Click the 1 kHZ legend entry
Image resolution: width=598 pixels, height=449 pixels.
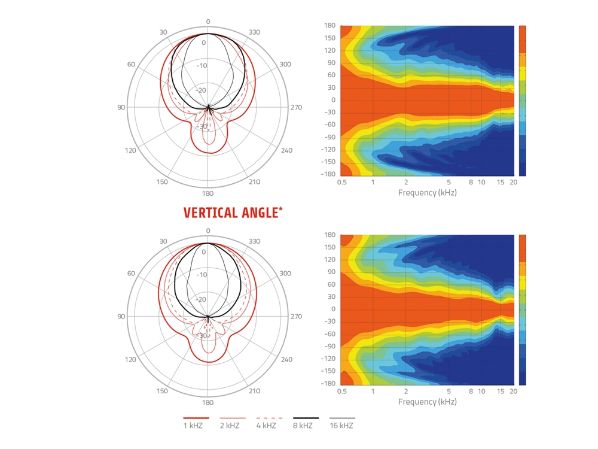pyautogui.click(x=196, y=426)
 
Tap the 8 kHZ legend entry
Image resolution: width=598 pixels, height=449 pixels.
pyautogui.click(x=306, y=426)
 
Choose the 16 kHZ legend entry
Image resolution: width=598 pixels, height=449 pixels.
pyautogui.click(x=342, y=426)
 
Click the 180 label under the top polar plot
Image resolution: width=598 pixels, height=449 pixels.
pyautogui.click(x=208, y=193)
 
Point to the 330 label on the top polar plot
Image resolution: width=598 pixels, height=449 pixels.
pyautogui.click(x=254, y=32)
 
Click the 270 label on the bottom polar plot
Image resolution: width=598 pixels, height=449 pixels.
pyautogui.click(x=296, y=317)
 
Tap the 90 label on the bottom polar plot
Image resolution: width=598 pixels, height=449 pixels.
pyautogui.click(x=121, y=317)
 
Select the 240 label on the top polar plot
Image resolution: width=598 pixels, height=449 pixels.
pyautogui.click(x=286, y=150)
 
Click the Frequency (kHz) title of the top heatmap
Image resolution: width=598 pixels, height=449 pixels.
pyautogui.click(x=426, y=193)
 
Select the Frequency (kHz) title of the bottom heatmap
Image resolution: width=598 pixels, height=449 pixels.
pyautogui.click(x=426, y=402)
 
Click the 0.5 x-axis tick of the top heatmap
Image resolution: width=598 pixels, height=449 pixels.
pyautogui.click(x=342, y=182)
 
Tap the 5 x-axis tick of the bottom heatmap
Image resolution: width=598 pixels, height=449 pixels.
pyautogui.click(x=448, y=391)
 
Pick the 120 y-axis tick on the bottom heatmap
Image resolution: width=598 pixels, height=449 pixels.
pyautogui.click(x=329, y=259)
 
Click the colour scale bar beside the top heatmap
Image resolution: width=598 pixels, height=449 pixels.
pyautogui.click(x=522, y=100)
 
